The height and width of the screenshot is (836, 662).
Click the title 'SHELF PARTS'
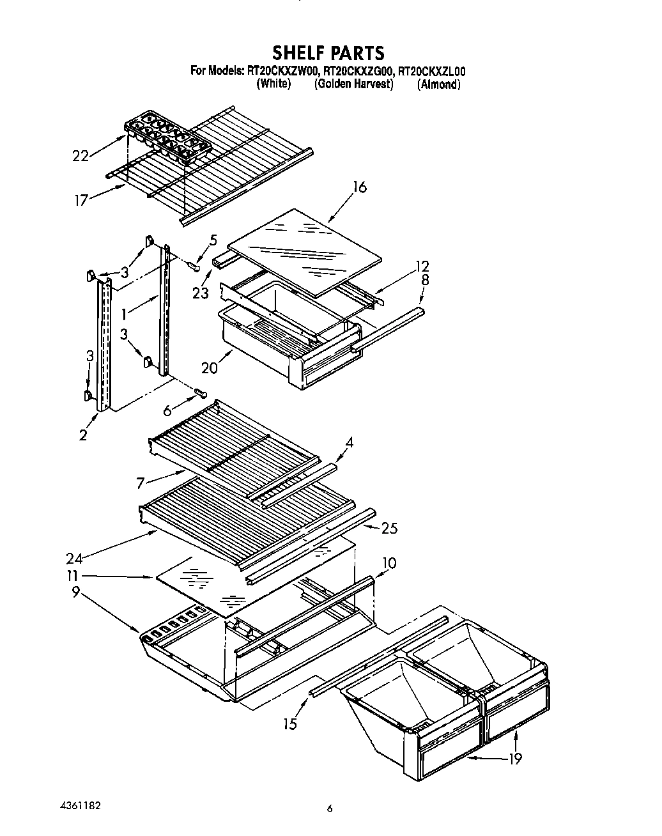pos(328,52)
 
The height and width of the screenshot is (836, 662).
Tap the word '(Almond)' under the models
pos(438,84)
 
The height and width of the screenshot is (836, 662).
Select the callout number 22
pos(81,155)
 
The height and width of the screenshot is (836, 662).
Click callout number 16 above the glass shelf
pos(360,187)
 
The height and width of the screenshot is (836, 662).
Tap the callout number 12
pos(422,266)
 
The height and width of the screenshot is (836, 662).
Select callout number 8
pos(425,280)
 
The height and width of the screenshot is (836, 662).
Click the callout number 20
pos(210,368)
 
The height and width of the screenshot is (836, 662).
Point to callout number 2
pos(83,435)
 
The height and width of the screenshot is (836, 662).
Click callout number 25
pos(389,528)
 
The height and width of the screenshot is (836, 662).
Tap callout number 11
pos(75,576)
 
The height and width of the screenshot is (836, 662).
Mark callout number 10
pos(389,563)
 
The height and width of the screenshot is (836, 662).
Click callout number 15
pos(291,724)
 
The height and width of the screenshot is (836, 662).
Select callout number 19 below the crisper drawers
pos(515,759)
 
